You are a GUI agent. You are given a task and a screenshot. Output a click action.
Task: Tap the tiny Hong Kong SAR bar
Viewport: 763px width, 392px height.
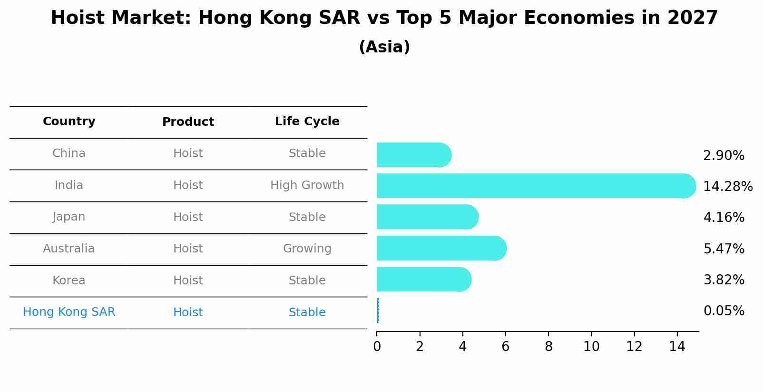(378, 311)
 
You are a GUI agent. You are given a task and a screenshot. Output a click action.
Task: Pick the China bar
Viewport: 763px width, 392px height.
(413, 155)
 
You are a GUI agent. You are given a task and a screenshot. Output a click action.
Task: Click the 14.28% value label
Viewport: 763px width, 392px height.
(727, 186)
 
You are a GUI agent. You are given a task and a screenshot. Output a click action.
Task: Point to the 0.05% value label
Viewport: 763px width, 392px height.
(724, 311)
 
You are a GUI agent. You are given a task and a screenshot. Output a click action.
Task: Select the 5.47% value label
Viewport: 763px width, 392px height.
(724, 249)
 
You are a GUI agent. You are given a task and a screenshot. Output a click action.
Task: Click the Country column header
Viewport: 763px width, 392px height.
(69, 121)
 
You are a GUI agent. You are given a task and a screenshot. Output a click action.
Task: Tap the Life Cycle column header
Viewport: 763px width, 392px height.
(307, 121)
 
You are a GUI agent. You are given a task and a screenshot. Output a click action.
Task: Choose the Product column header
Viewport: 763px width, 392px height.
(188, 122)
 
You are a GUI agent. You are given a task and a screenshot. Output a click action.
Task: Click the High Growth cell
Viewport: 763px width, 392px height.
(307, 185)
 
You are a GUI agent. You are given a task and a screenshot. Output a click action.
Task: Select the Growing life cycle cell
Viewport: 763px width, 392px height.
(307, 249)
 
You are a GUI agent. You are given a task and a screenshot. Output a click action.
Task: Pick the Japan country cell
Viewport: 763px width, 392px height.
(69, 217)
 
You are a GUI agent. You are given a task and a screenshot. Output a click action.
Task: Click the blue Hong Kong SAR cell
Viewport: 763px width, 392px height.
(69, 312)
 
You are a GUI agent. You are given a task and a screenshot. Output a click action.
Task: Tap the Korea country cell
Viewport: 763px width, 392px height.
(69, 281)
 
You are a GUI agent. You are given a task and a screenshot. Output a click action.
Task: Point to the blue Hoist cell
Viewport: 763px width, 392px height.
(188, 312)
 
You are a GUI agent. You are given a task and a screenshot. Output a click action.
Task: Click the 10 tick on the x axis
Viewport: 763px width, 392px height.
(591, 347)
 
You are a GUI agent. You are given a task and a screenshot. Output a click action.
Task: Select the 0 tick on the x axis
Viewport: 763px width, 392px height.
(377, 347)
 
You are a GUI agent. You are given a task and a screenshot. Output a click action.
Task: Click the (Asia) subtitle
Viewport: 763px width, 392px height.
(384, 47)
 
